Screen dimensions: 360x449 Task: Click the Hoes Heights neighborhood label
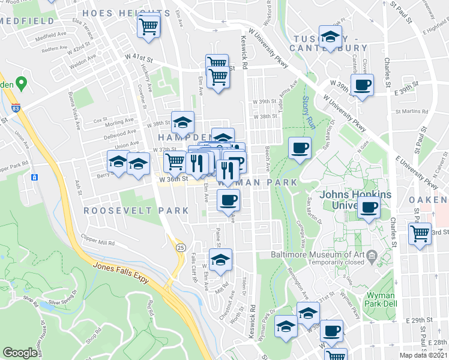(x=125, y=13)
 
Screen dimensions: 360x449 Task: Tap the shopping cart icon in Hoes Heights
(x=148, y=26)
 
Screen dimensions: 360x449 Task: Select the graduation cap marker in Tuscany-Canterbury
(x=330, y=37)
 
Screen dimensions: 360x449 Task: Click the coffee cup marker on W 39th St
(x=361, y=85)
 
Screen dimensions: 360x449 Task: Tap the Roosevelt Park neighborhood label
(x=136, y=211)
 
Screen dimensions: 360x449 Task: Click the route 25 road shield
(x=179, y=247)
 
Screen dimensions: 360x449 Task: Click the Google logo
(x=20, y=353)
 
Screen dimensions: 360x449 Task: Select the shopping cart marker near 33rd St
(x=420, y=233)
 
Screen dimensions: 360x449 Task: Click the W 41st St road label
(x=139, y=57)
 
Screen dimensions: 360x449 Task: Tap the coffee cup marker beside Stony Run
(x=300, y=148)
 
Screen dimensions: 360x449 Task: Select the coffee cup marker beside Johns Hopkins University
(x=369, y=209)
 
